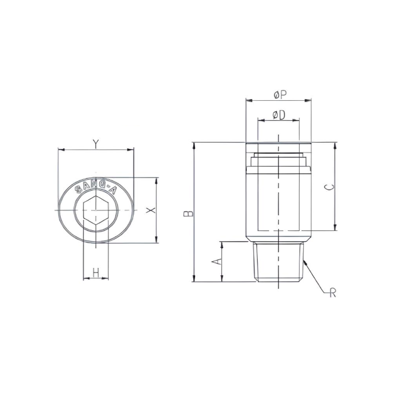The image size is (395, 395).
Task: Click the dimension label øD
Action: click(279, 114)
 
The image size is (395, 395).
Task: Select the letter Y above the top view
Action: click(95, 143)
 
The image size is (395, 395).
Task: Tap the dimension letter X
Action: click(151, 210)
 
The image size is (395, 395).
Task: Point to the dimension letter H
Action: click(95, 273)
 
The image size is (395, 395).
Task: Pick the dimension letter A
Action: click(215, 261)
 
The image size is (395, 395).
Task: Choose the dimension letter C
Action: click(329, 187)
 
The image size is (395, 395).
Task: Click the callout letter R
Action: click(332, 294)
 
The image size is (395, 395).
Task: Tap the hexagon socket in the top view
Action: click(95, 210)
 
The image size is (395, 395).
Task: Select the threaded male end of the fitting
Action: click(278, 261)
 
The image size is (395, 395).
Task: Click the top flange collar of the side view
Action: click(278, 146)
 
